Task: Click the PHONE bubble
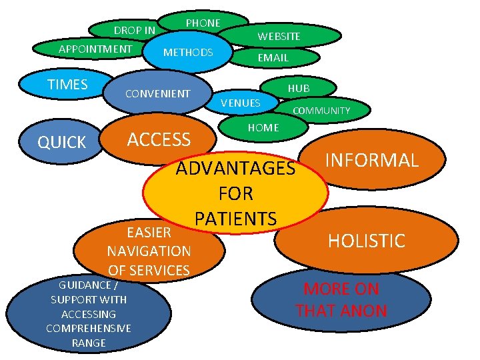click(x=203, y=23)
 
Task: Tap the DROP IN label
click(x=134, y=31)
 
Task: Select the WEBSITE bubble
click(x=279, y=36)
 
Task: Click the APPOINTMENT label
click(x=95, y=49)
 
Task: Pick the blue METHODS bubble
click(x=188, y=52)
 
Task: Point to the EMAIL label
click(x=273, y=58)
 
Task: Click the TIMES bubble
click(x=67, y=84)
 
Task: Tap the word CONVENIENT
click(x=158, y=93)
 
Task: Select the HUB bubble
click(x=299, y=88)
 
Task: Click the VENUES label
click(x=240, y=103)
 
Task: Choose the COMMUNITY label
click(x=321, y=111)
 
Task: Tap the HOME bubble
click(x=263, y=127)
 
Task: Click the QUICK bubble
click(x=61, y=142)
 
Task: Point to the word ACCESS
click(x=159, y=139)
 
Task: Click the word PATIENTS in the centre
click(x=235, y=218)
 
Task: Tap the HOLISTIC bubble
click(x=367, y=241)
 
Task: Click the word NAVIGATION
click(x=149, y=251)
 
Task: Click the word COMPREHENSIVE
click(x=88, y=328)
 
